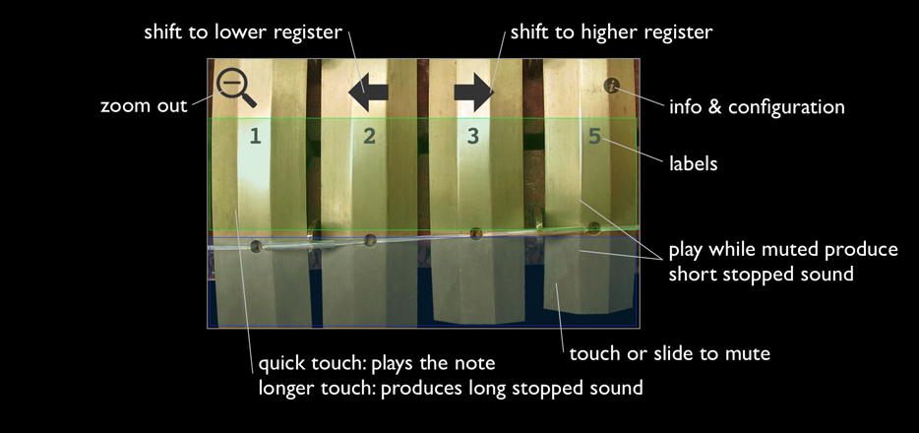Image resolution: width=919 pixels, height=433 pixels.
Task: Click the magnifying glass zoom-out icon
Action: pos(235,86)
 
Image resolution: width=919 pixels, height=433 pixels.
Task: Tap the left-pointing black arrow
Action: pos(368,93)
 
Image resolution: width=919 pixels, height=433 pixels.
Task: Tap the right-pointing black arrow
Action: pos(474,94)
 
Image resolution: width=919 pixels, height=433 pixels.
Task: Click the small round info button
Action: pos(612,86)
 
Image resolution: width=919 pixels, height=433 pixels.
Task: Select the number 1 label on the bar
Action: pos(255,137)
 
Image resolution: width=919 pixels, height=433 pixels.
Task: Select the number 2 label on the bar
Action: pos(369,137)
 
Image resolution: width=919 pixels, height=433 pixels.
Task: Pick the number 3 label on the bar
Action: pos(473,137)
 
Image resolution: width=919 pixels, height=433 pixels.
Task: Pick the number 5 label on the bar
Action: pos(594,137)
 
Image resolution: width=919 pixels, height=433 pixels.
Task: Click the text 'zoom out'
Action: pos(144,105)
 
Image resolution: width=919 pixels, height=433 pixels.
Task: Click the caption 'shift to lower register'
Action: pos(243,32)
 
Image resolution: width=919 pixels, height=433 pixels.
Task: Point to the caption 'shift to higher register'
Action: pos(610,32)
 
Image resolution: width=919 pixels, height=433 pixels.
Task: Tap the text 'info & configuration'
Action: pos(757,105)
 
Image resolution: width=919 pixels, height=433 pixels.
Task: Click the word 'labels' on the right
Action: pos(693,163)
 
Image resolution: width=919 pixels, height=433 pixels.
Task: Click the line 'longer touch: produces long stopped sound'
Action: pos(451,388)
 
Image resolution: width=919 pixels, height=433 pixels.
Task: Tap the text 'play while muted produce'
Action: pos(783,249)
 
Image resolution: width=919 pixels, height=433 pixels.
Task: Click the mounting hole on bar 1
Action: pos(257,246)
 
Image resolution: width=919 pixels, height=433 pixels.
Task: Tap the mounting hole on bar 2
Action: pos(371,239)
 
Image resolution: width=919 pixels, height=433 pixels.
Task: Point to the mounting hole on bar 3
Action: pos(476,234)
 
